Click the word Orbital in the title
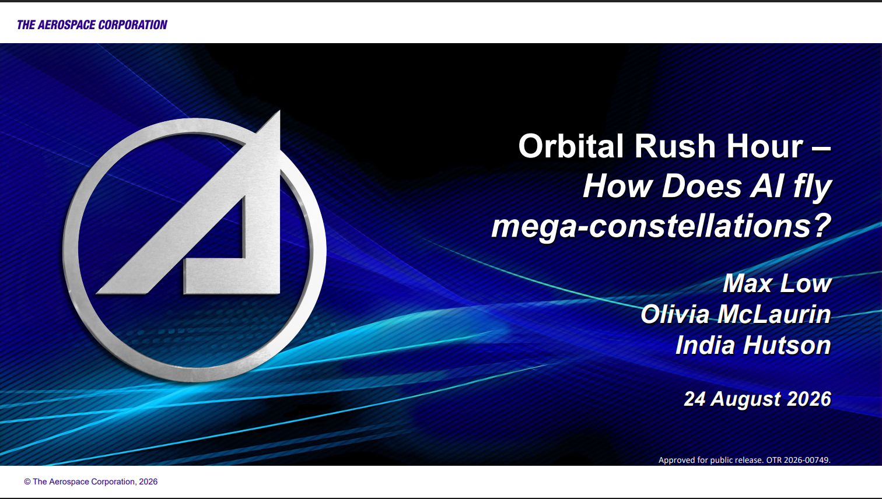pos(571,146)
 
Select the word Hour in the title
pos(764,146)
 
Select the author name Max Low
pos(777,283)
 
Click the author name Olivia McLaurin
pos(736,314)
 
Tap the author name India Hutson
pos(753,345)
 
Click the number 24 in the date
pos(695,399)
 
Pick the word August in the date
pos(745,400)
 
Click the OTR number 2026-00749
pos(807,459)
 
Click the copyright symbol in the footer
pos(27,482)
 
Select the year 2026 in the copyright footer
pos(148,482)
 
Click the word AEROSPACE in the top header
pos(66,25)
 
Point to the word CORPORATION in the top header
pos(132,25)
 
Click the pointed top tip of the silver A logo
pos(279,111)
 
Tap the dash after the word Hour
pos(821,149)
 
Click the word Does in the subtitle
pos(702,186)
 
